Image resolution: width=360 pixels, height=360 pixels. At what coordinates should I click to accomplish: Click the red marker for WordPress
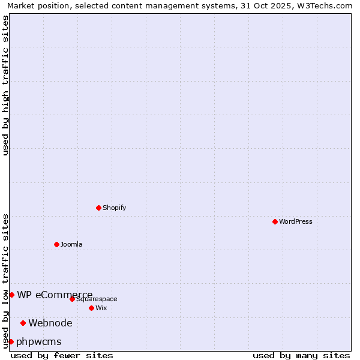pyautogui.click(x=275, y=221)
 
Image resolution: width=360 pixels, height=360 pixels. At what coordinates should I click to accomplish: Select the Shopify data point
pyautogui.click(x=98, y=208)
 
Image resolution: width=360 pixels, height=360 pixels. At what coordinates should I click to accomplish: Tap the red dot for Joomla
pyautogui.click(x=56, y=244)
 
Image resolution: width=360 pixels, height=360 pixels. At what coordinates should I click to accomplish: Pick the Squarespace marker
pyautogui.click(x=72, y=299)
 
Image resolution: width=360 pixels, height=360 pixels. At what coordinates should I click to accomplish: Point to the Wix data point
pyautogui.click(x=91, y=308)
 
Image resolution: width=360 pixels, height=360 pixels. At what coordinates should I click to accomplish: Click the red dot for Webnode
pyautogui.click(x=23, y=323)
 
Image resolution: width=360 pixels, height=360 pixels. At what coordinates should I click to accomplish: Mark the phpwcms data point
pyautogui.click(x=11, y=341)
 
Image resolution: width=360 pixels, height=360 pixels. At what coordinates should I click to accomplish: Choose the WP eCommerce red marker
pyautogui.click(x=11, y=295)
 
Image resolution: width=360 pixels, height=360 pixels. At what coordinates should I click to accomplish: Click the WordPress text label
pyautogui.click(x=295, y=221)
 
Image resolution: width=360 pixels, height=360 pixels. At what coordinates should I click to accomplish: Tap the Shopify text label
pyautogui.click(x=114, y=208)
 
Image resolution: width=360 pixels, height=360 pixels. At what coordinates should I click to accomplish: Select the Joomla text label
pyautogui.click(x=71, y=244)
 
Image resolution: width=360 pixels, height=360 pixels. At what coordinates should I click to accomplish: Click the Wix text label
pyautogui.click(x=101, y=308)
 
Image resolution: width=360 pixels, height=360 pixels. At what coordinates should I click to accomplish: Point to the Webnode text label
pyautogui.click(x=50, y=323)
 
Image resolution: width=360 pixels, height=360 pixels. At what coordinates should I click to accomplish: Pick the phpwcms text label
pyautogui.click(x=39, y=341)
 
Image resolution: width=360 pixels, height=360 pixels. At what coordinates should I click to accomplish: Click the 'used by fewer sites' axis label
pyautogui.click(x=62, y=355)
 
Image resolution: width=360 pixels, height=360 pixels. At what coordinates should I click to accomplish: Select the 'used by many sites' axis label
pyautogui.click(x=301, y=355)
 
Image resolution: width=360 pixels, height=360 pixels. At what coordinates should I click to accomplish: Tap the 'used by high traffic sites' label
pyautogui.click(x=5, y=85)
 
